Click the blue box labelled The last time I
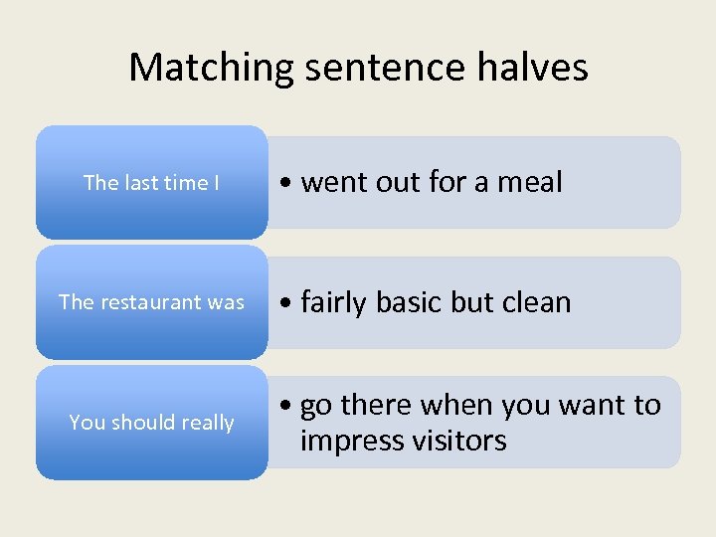(151, 183)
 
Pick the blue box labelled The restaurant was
(151, 302)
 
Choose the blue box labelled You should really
(151, 423)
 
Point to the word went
(331, 183)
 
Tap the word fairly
(336, 302)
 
